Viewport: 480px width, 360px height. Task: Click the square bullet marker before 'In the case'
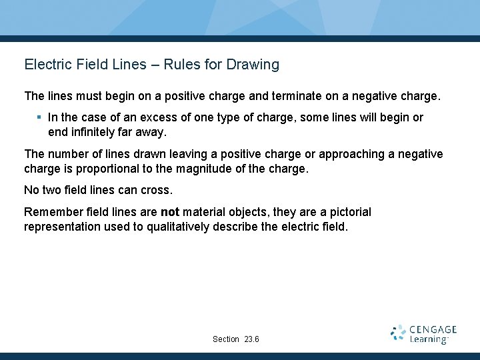[x=40, y=117]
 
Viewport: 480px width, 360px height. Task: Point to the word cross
[x=156, y=190]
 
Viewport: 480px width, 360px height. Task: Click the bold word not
[x=169, y=212]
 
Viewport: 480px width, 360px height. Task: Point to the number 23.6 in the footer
[x=252, y=339]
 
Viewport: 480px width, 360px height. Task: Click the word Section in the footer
[x=226, y=339]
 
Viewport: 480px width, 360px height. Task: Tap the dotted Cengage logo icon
[x=398, y=333]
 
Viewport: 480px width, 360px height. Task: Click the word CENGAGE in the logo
[x=433, y=329]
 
